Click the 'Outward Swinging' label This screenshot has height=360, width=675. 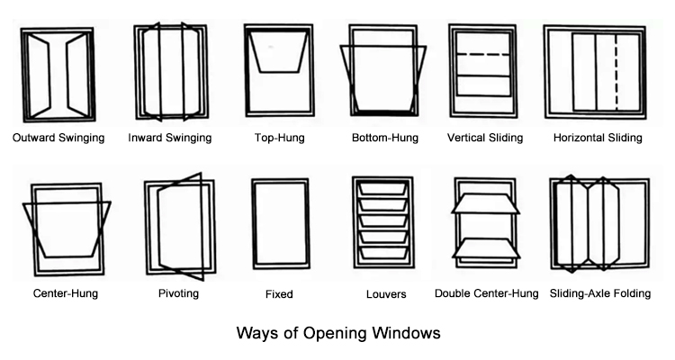tap(58, 139)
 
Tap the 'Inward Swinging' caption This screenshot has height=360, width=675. tap(170, 139)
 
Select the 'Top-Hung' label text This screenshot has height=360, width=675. tap(279, 139)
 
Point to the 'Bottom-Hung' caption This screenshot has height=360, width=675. tap(385, 139)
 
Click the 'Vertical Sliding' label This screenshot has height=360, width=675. tap(485, 139)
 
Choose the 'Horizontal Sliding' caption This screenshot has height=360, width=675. tap(598, 139)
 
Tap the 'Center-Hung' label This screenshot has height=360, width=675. tap(66, 293)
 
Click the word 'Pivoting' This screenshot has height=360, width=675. tap(179, 293)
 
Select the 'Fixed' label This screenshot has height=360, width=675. tap(279, 294)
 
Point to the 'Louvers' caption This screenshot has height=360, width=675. tap(386, 294)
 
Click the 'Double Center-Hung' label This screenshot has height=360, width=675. tap(486, 293)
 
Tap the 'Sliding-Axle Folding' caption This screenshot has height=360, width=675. tap(600, 293)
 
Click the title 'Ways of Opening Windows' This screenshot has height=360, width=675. tap(338, 333)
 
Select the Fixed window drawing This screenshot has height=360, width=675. tap(253, 224)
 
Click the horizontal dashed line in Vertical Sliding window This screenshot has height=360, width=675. tap(483, 55)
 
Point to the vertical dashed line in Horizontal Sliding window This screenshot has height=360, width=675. tap(616, 72)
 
